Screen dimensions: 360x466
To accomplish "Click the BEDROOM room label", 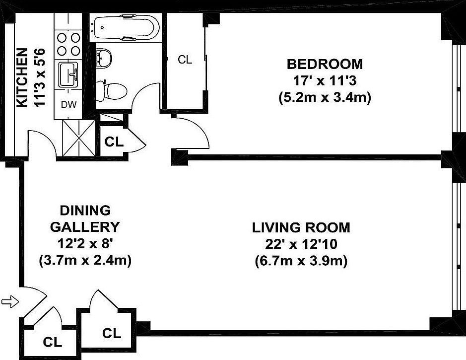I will click(x=325, y=64).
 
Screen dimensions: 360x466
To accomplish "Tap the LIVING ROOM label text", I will click(x=301, y=228).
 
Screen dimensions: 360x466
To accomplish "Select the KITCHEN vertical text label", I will click(x=21, y=78).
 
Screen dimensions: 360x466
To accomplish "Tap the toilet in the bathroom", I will click(x=113, y=91).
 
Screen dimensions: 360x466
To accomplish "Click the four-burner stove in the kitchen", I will click(x=68, y=44).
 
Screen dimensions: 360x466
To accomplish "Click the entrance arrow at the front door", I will click(x=9, y=301).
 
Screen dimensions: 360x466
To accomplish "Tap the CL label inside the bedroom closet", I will click(x=185, y=60).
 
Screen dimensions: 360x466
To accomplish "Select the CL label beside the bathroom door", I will click(x=114, y=142).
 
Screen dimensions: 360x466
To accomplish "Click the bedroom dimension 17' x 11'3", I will click(x=325, y=80).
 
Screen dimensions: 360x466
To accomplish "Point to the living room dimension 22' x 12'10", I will click(x=301, y=244).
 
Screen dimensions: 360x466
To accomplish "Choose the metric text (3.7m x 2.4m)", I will click(x=84, y=260).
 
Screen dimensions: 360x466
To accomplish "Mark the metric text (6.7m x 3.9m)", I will click(x=301, y=260).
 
